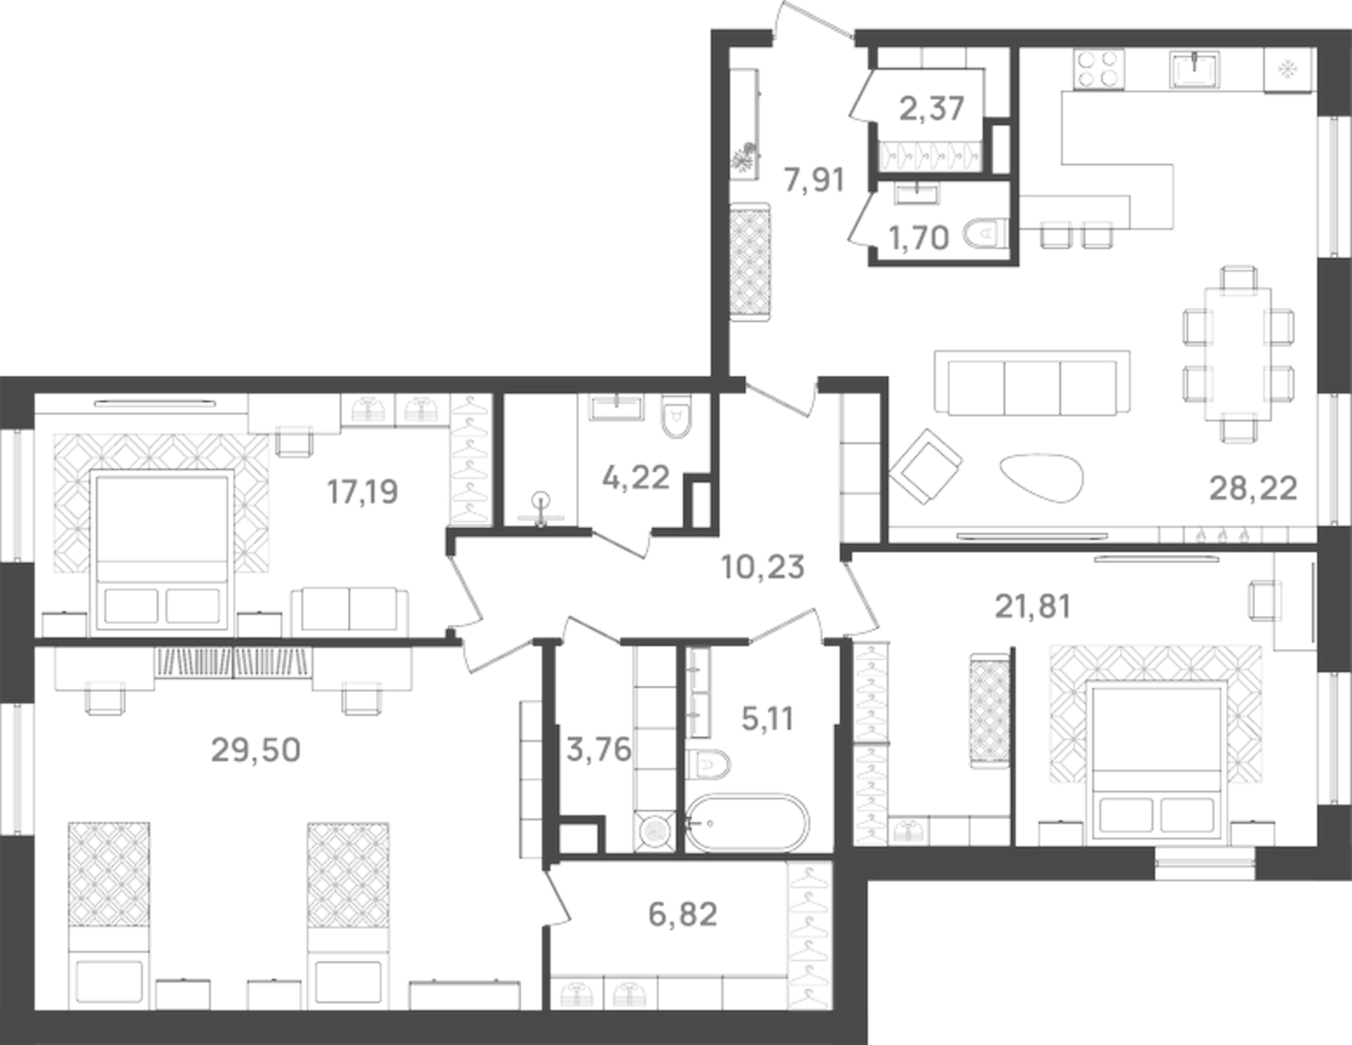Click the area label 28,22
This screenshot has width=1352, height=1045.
(1253, 488)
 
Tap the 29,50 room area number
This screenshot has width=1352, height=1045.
(256, 749)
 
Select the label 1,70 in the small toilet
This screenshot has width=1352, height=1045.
(918, 238)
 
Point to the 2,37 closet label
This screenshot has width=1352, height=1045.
(932, 108)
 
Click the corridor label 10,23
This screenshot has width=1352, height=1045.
(763, 567)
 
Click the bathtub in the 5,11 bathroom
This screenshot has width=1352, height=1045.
(747, 823)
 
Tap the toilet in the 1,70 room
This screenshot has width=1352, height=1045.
(984, 235)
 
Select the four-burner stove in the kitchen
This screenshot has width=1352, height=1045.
(1099, 69)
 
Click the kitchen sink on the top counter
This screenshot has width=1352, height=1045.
(1195, 69)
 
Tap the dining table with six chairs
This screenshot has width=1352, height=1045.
(1238, 354)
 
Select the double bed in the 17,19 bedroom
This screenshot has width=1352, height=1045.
(162, 551)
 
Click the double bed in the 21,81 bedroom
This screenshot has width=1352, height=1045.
(1156, 761)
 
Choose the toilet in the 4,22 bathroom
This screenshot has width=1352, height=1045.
(675, 417)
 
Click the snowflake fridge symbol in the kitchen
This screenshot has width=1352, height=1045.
(1286, 69)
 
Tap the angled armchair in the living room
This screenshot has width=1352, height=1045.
(926, 467)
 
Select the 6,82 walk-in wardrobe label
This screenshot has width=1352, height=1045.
(683, 914)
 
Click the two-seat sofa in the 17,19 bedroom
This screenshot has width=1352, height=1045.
(350, 609)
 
